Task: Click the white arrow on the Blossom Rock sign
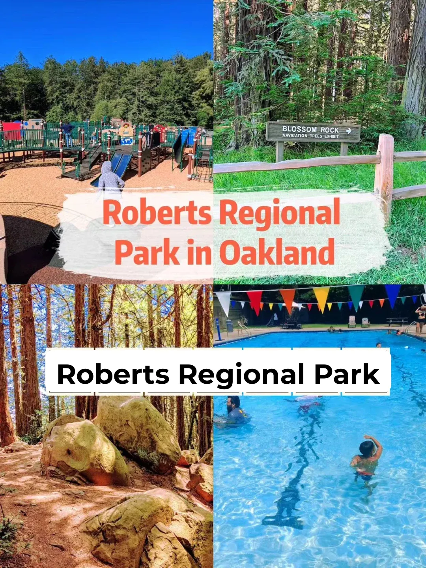[349, 131]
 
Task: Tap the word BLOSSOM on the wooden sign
[299, 129]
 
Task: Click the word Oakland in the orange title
[277, 253]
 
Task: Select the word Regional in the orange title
[280, 213]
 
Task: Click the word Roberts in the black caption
[113, 374]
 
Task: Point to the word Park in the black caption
[347, 374]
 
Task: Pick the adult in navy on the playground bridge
[68, 133]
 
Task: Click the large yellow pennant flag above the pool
[321, 298]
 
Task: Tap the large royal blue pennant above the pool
[392, 295]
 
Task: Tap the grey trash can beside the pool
[230, 325]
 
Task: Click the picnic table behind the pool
[396, 321]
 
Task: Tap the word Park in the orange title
[147, 253]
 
